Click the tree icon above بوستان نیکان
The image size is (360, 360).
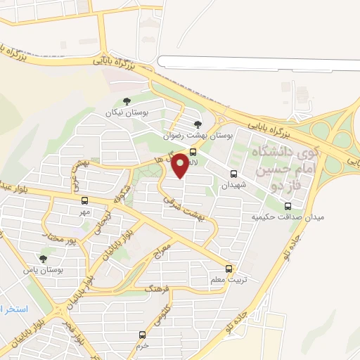(x=127, y=102)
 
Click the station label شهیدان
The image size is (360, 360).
(x=234, y=186)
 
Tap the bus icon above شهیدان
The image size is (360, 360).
(x=234, y=174)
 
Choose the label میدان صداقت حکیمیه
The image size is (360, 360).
(x=288, y=218)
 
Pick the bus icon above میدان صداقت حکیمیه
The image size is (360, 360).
(x=288, y=206)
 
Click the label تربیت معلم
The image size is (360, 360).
(x=231, y=281)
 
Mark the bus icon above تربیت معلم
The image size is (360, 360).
(x=229, y=268)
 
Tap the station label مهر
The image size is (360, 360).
(x=85, y=212)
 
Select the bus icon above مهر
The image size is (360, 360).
(x=85, y=200)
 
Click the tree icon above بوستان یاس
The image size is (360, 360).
(x=53, y=259)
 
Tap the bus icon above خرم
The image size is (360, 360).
(x=143, y=335)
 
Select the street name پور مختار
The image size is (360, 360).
(x=59, y=238)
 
